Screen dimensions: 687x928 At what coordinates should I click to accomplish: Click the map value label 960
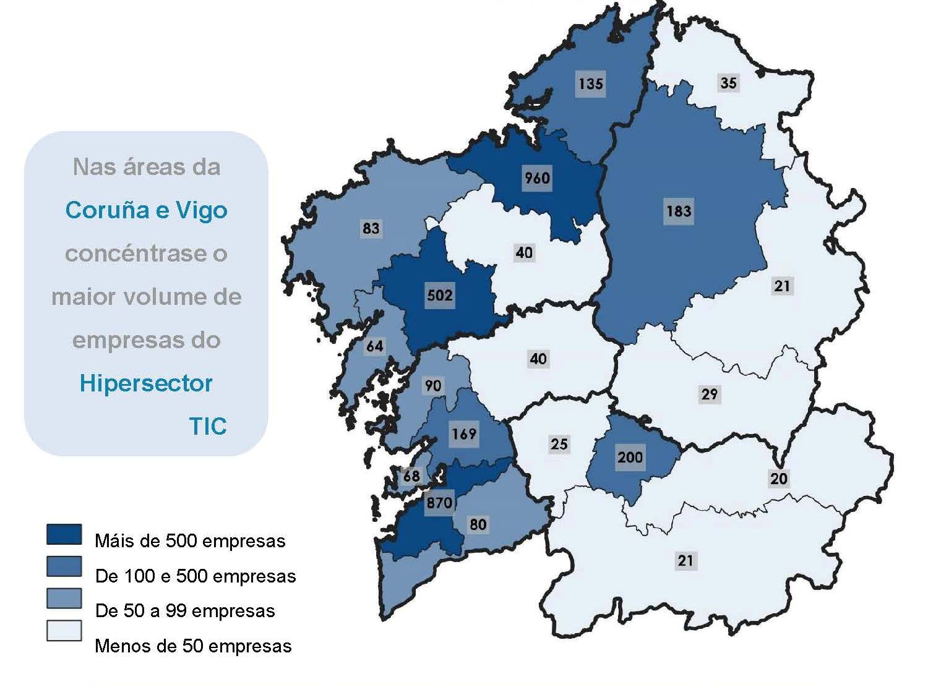[x=537, y=178]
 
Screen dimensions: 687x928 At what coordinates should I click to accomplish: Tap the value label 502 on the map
[x=440, y=295]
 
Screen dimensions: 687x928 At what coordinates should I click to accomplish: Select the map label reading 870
[x=439, y=502]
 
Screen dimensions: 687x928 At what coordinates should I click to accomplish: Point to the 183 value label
[x=679, y=211]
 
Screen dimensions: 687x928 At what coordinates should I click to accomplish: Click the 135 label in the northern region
[x=590, y=83]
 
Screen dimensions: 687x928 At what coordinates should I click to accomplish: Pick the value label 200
[x=630, y=457]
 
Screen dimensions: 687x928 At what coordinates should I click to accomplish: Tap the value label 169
[x=463, y=433]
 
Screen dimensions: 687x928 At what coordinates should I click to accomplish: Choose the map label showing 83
[x=371, y=228]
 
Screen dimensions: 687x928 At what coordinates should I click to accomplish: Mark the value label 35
[x=728, y=82]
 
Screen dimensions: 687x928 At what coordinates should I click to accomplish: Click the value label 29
[x=709, y=394]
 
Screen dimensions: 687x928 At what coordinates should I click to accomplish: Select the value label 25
[x=559, y=443]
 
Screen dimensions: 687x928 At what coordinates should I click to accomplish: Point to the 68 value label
[x=411, y=476]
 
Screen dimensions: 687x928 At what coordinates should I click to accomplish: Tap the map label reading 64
[x=375, y=346]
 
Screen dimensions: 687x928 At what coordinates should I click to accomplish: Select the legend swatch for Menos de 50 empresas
[x=64, y=631]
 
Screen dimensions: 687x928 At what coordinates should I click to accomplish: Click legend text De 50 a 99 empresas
[x=185, y=611]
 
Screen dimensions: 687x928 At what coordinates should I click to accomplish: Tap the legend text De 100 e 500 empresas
[x=195, y=576]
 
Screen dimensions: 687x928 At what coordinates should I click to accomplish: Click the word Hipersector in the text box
[x=146, y=383]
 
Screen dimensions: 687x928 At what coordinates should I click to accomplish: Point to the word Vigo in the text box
[x=202, y=210]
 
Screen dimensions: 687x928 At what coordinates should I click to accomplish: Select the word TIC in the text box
[x=208, y=426]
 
